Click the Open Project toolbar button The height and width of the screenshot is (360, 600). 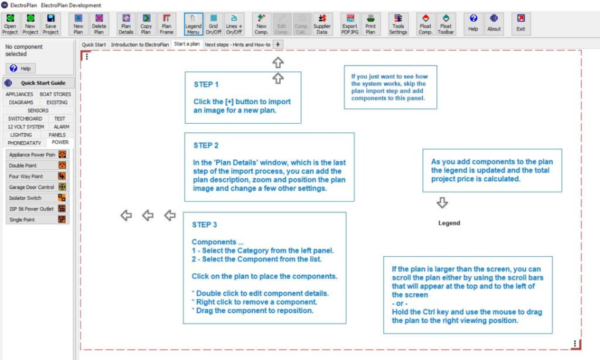pos(10,24)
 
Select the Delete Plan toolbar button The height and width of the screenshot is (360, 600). pos(99,24)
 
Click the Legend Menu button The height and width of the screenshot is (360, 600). pos(194,24)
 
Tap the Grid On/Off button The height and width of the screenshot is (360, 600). pos(214,24)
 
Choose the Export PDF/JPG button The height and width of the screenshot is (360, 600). pos(350,24)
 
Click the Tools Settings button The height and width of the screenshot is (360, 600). pos(398,24)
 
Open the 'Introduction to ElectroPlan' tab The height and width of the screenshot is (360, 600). pos(140,44)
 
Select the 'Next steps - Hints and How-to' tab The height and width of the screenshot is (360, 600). pos(237,44)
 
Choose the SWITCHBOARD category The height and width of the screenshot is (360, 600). pos(25,119)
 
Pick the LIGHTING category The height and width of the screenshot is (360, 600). pos(21,134)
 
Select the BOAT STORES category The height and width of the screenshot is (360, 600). pos(55,94)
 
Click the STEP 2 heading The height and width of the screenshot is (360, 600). pos(206,146)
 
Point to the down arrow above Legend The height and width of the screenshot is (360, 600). pos(442,203)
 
